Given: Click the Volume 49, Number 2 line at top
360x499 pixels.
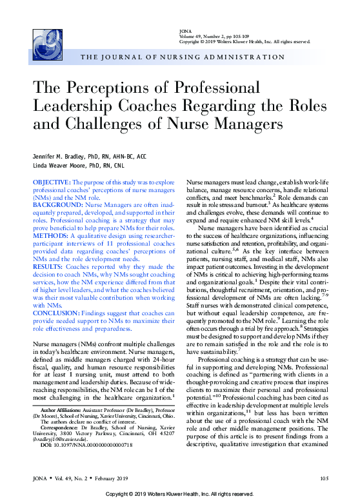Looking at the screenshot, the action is (x=212, y=36).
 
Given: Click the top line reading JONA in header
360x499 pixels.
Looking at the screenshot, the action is (x=183, y=31).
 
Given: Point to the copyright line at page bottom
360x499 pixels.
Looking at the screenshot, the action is (x=179, y=493).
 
